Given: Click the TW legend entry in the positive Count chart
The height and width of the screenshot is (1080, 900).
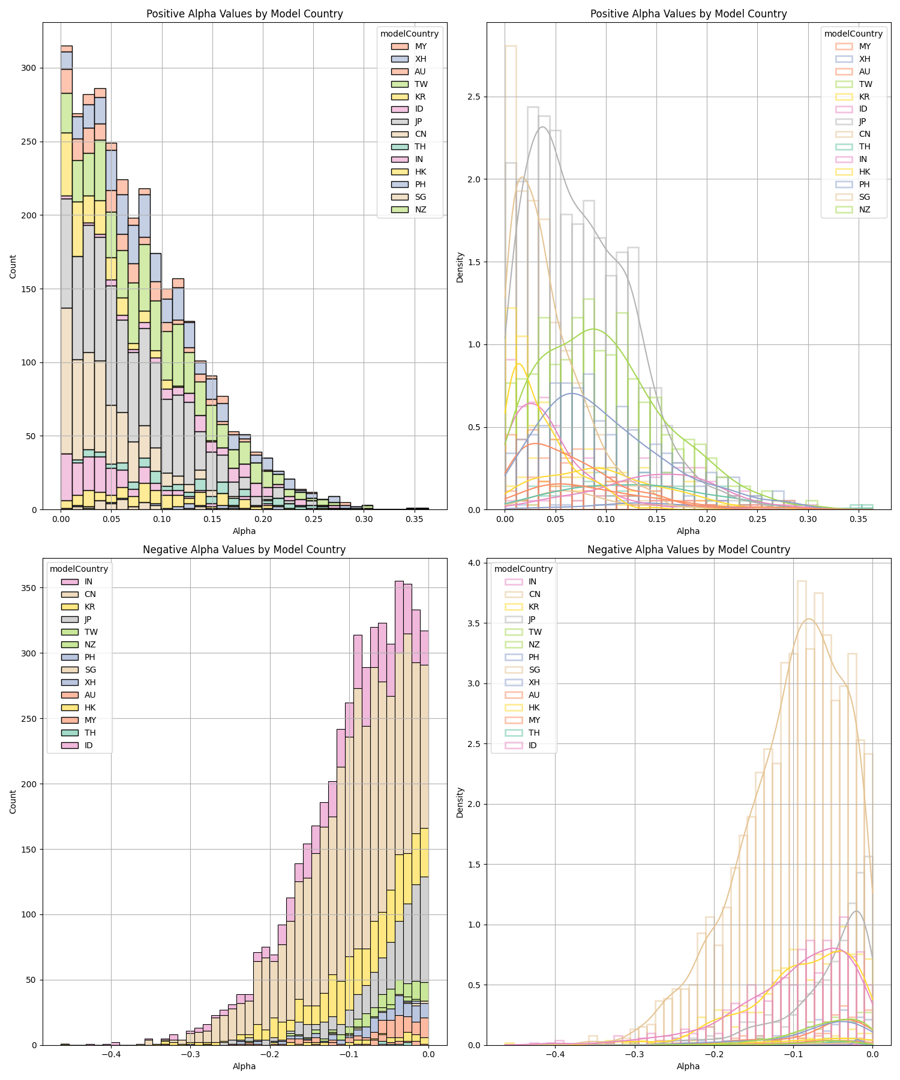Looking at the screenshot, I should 421,84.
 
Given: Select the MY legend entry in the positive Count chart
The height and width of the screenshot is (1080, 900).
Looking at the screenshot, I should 421,46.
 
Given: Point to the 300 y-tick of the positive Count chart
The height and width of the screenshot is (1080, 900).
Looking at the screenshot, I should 29,68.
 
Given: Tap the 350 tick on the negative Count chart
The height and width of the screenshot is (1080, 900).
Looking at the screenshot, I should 29,588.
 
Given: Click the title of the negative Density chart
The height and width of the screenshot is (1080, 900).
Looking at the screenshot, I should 688,550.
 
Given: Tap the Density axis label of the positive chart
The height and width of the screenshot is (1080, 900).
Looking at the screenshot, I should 460,266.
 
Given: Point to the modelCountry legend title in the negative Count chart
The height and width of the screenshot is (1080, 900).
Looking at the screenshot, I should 79,569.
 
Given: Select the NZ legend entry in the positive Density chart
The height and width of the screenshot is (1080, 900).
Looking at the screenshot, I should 865,209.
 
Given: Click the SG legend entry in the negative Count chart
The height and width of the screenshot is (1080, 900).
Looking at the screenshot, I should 90,670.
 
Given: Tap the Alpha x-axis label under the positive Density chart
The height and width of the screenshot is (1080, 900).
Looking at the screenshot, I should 688,531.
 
